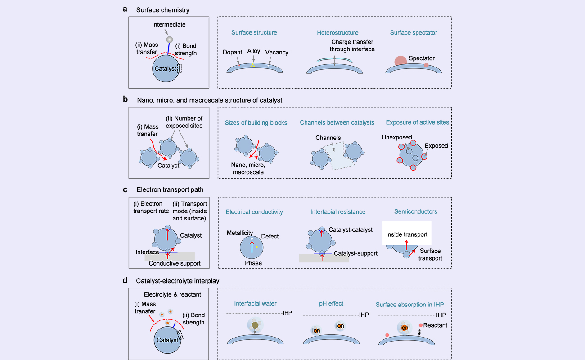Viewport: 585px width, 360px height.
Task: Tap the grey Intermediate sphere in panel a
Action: tap(169, 40)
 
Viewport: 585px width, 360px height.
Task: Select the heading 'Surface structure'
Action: tap(254, 33)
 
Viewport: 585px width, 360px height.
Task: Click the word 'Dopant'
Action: tap(233, 53)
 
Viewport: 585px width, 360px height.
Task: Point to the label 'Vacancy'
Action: tap(277, 53)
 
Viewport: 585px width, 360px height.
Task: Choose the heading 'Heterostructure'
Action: tap(337, 33)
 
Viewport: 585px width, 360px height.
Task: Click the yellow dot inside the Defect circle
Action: tap(256, 247)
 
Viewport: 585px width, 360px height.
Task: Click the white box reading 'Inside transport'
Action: tap(406, 234)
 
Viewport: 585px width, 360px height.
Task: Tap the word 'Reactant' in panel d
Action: tap(435, 325)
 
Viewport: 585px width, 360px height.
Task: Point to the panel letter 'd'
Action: tap(126, 280)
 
